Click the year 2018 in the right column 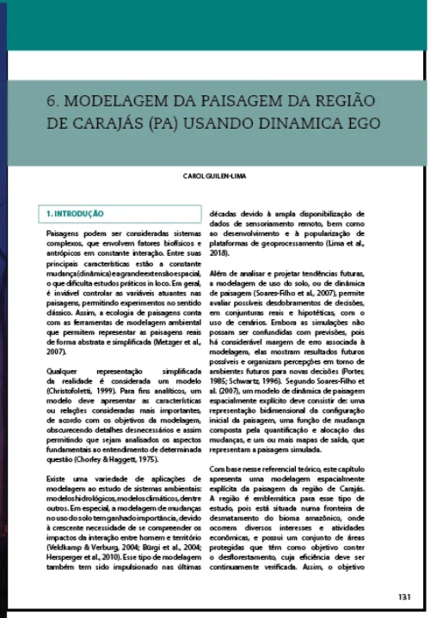(218, 255)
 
